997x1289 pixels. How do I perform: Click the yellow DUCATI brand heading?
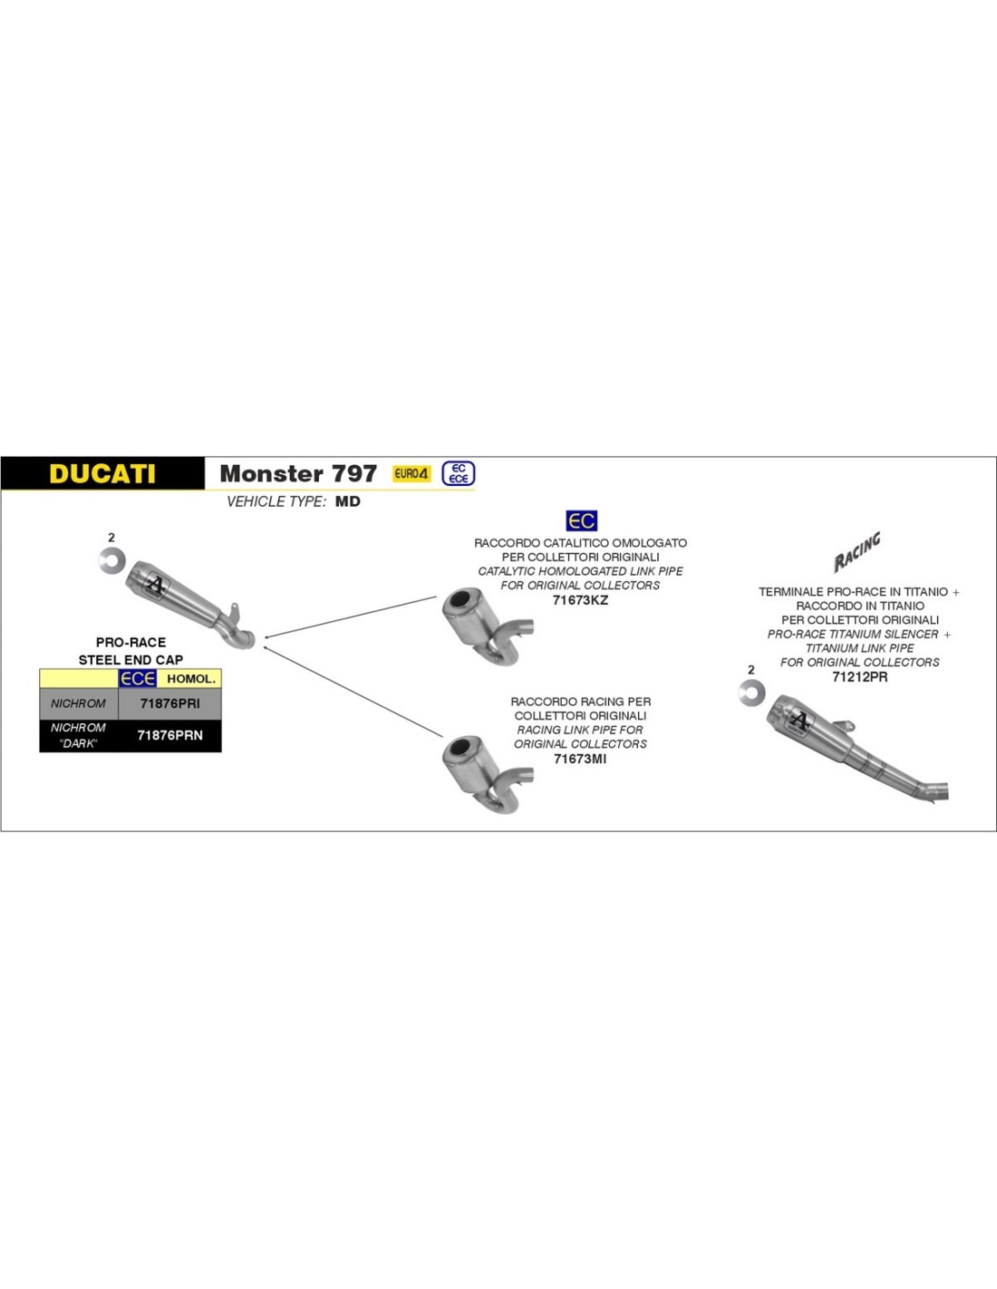pos(102,473)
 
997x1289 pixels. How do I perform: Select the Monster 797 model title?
pos(298,473)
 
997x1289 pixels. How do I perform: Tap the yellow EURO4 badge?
pos(411,473)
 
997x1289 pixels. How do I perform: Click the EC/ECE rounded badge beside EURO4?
pos(459,473)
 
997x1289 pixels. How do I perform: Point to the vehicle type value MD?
pos(347,501)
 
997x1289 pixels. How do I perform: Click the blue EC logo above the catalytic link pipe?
pos(581,520)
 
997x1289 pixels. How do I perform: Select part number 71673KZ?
pos(580,600)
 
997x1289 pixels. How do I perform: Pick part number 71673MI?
pos(580,758)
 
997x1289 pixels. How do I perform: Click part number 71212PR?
pos(859,677)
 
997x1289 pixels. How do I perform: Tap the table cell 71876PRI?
pos(170,703)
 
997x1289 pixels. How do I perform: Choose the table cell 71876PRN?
pos(170,735)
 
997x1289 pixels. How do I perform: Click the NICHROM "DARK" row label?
pos(78,735)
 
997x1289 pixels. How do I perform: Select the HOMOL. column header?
pos(191,679)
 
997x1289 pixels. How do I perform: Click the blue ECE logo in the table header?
pos(138,679)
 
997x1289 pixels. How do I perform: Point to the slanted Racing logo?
pos(857,551)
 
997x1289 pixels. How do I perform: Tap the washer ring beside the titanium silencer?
pos(751,693)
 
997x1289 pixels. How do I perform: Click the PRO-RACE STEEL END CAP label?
pos(131,651)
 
